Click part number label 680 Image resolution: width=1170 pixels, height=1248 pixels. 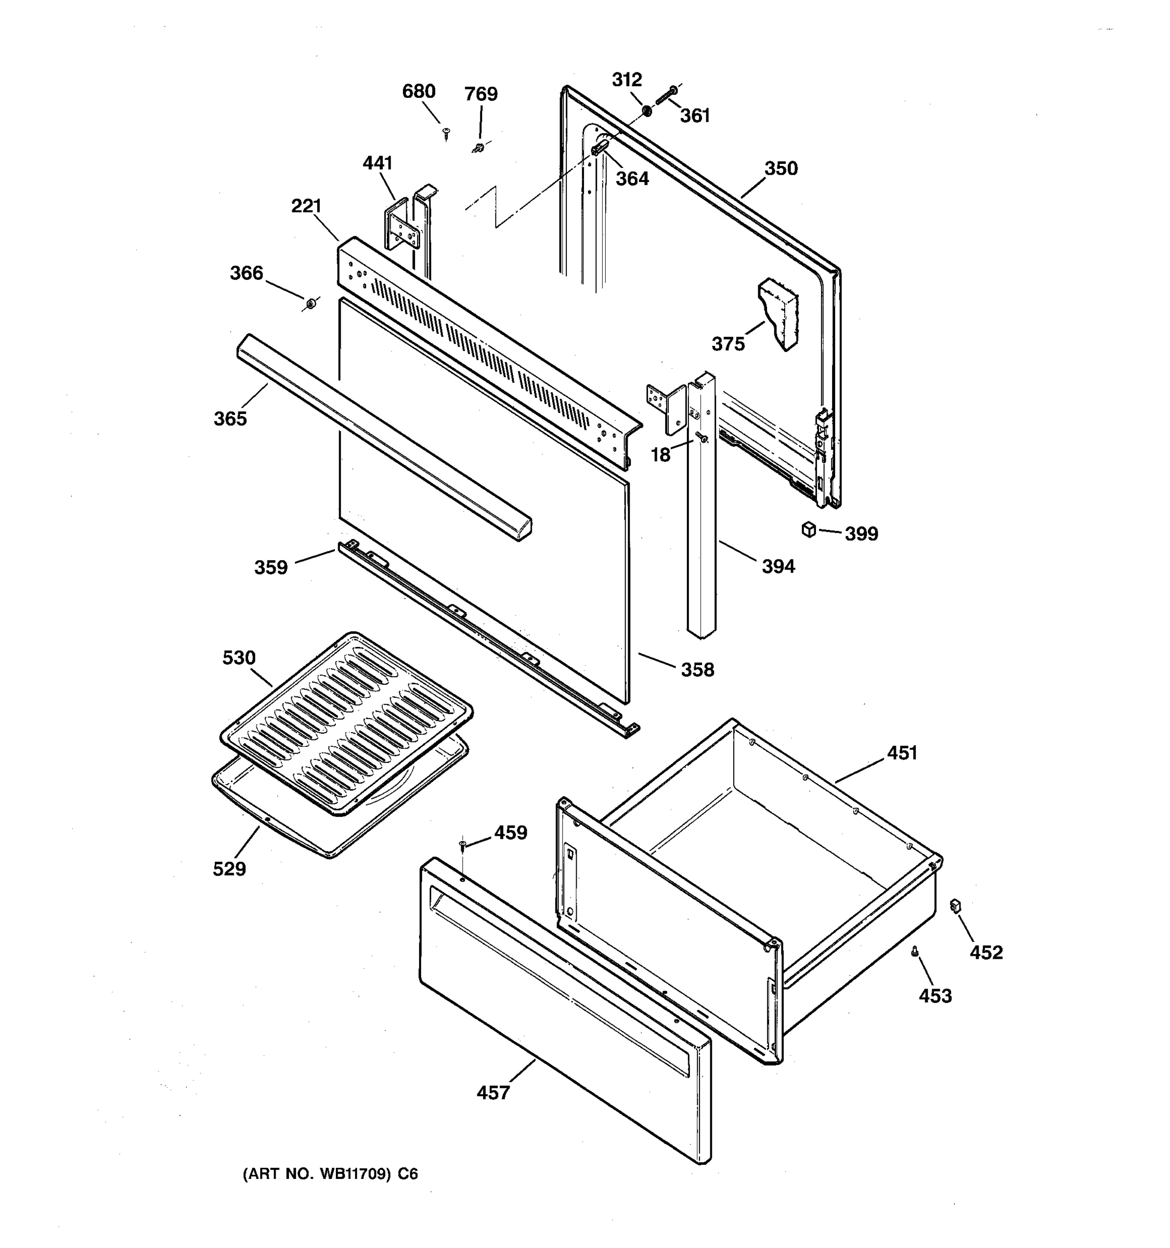[419, 92]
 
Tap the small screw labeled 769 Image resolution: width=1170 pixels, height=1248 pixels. [479, 148]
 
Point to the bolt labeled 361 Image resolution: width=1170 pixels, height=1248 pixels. [666, 96]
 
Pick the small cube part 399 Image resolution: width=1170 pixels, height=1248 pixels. [809, 530]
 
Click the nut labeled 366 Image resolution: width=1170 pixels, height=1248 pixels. [310, 305]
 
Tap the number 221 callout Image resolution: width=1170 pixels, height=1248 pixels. [306, 206]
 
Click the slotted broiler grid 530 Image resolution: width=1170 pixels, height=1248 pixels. [346, 722]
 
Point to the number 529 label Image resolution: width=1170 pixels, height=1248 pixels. [229, 869]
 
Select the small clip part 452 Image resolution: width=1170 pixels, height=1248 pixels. [956, 906]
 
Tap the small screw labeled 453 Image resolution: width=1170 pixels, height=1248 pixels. [915, 952]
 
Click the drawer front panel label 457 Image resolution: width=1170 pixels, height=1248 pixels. [493, 1093]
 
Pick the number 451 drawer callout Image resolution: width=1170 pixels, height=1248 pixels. [902, 752]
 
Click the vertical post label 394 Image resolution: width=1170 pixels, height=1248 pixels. [778, 566]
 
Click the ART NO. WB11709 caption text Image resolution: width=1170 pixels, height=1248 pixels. [330, 1174]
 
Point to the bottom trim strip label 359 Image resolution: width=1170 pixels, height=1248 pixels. [270, 567]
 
